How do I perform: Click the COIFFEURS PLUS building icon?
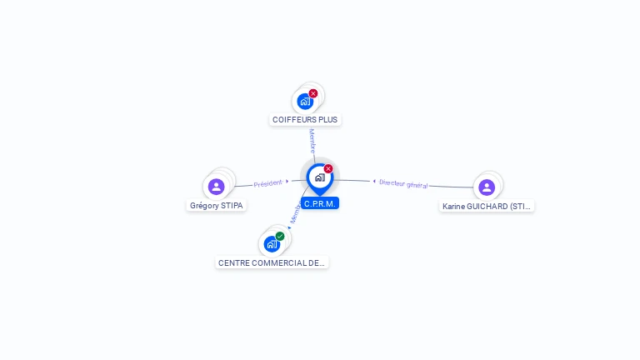[305, 102]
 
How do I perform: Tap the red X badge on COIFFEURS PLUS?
[313, 93]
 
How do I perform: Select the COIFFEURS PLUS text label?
[305, 120]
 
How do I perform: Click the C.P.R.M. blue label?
[320, 203]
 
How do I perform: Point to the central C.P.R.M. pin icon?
[319, 177]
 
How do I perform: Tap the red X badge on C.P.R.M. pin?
[328, 168]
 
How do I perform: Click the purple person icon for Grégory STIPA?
[217, 187]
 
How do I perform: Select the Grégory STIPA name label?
[217, 205]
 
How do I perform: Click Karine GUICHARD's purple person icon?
[487, 187]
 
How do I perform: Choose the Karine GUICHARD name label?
[487, 206]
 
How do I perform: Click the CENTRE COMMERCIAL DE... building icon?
[272, 244]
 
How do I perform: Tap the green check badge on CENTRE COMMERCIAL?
[280, 236]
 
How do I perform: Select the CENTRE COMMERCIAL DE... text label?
[272, 262]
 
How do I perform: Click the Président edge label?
[268, 183]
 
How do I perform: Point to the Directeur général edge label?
[403, 183]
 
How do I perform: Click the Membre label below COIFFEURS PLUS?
[312, 141]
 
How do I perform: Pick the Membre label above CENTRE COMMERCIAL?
[295, 213]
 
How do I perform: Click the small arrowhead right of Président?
[287, 181]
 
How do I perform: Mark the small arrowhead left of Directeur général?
[374, 181]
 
